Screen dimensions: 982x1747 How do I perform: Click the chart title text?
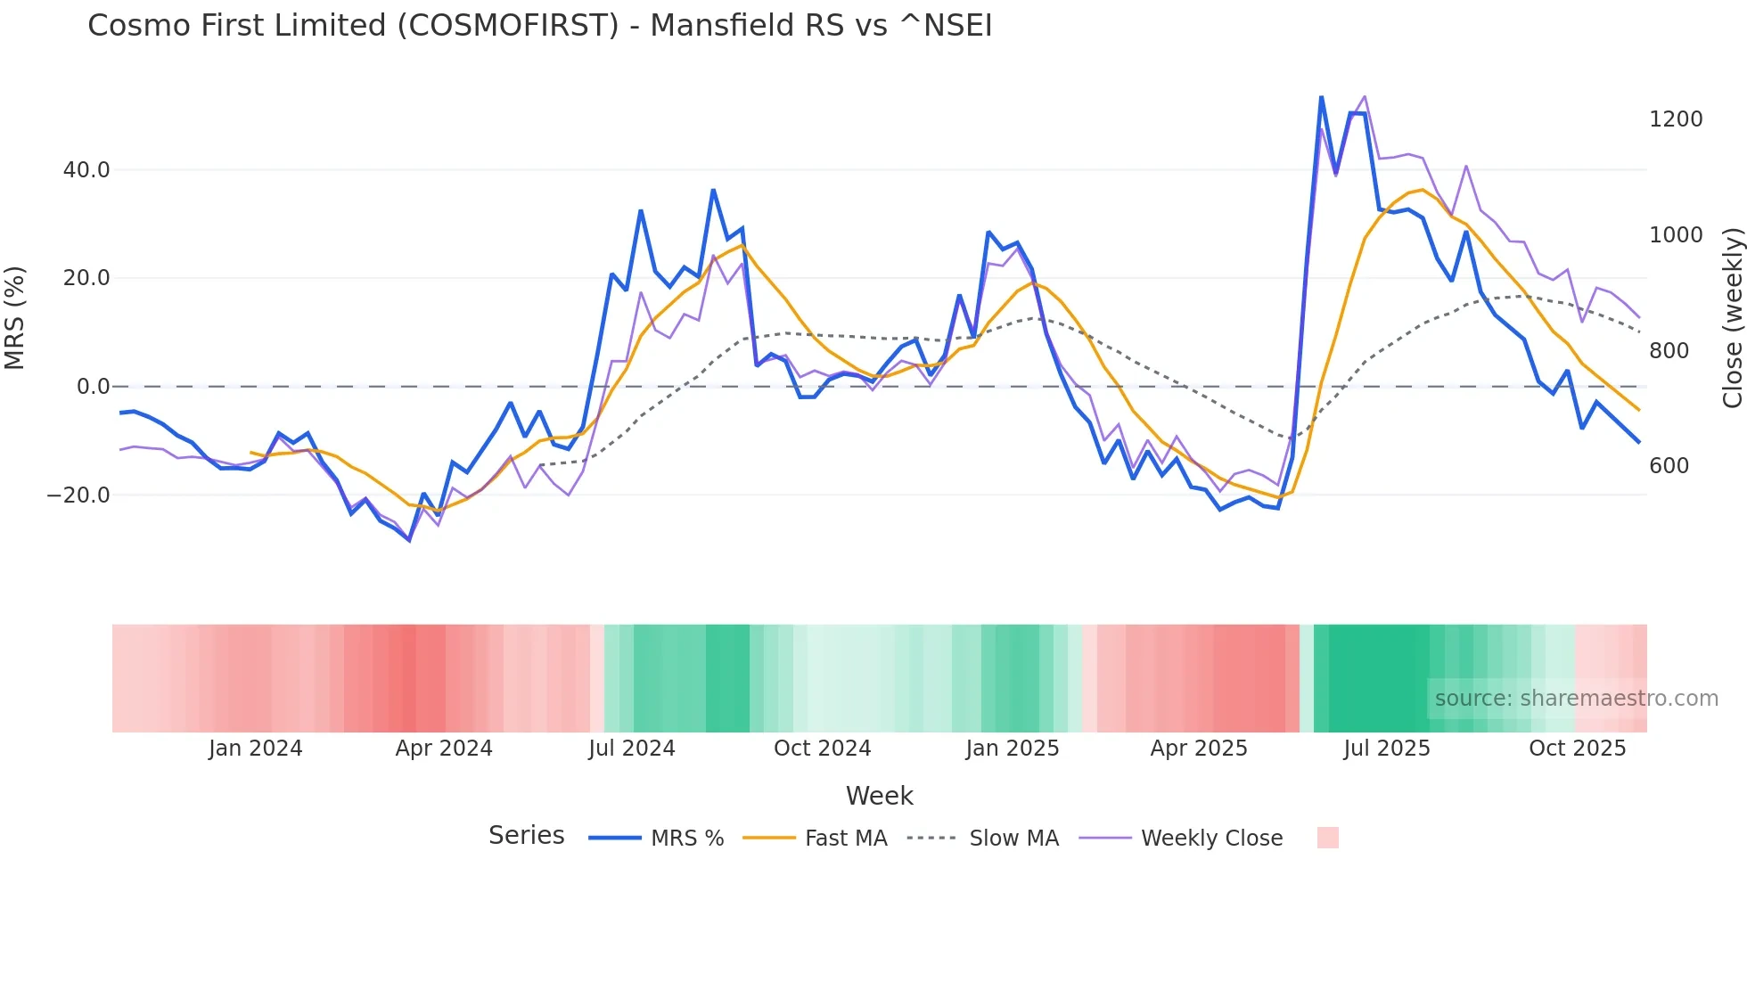pyautogui.click(x=539, y=26)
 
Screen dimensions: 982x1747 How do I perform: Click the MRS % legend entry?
pyautogui.click(x=686, y=839)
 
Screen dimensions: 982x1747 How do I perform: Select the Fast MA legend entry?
pyautogui.click(x=845, y=839)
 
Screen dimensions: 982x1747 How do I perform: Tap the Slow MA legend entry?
pyautogui.click(x=1013, y=839)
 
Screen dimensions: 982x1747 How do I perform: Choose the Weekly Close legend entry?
pyautogui.click(x=1211, y=839)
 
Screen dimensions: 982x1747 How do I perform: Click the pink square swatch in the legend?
pyautogui.click(x=1327, y=838)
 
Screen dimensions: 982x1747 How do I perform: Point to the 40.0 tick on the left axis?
pyautogui.click(x=86, y=170)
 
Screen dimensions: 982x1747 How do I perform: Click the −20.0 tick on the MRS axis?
pyautogui.click(x=78, y=495)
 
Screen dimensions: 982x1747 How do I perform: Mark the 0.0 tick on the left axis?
pyautogui.click(x=94, y=387)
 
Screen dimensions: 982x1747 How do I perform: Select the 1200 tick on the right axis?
pyautogui.click(x=1676, y=119)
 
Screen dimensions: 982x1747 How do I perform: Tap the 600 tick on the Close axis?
pyautogui.click(x=1669, y=466)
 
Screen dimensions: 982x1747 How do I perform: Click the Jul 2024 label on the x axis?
pyautogui.click(x=632, y=749)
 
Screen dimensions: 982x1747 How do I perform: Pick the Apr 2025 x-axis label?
pyautogui.click(x=1199, y=749)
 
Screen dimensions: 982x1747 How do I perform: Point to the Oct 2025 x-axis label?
pyautogui.click(x=1577, y=749)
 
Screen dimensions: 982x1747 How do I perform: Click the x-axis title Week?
pyautogui.click(x=879, y=796)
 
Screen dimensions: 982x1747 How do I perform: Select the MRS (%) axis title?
pyautogui.click(x=14, y=317)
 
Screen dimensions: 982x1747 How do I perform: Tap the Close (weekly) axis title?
pyautogui.click(x=1732, y=317)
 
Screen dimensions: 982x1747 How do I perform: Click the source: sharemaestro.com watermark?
pyautogui.click(x=1576, y=699)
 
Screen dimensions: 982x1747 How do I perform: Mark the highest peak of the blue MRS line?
pyautogui.click(x=1321, y=97)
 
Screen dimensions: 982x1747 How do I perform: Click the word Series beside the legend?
pyautogui.click(x=526, y=836)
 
